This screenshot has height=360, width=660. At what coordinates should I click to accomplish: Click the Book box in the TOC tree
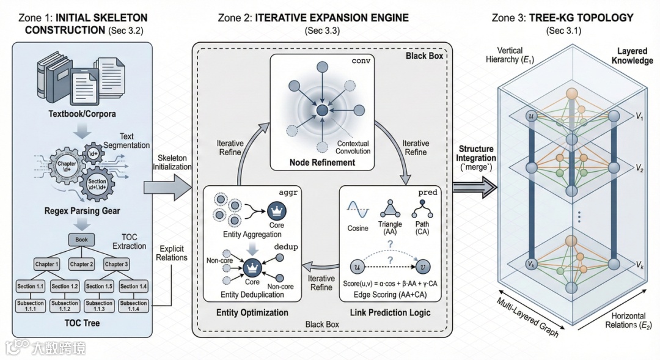coord(81,240)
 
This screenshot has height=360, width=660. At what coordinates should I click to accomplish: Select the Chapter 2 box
coord(80,264)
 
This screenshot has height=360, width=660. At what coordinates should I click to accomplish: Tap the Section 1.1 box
coord(31,286)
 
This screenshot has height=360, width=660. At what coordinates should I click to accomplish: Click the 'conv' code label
coord(362,62)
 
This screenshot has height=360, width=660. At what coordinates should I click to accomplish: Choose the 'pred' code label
coord(428,192)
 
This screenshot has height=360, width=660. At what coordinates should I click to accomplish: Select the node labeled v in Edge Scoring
coord(422,266)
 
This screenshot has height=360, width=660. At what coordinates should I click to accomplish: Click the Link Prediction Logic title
coord(391,313)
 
